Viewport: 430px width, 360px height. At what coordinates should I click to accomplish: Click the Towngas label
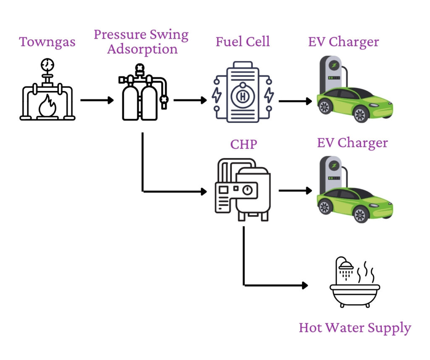47,42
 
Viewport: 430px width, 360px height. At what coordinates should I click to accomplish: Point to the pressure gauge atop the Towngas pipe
47,64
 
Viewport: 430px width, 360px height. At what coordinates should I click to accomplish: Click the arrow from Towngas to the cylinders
97,100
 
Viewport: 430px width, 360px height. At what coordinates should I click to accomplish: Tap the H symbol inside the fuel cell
243,96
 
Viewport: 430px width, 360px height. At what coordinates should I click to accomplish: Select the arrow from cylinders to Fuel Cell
190,100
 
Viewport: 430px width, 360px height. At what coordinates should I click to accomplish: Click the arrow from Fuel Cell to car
295,101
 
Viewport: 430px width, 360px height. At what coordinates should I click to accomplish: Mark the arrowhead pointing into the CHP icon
205,191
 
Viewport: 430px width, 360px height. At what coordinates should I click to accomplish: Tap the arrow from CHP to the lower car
295,190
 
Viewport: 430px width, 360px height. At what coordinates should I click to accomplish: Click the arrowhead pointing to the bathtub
305,285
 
